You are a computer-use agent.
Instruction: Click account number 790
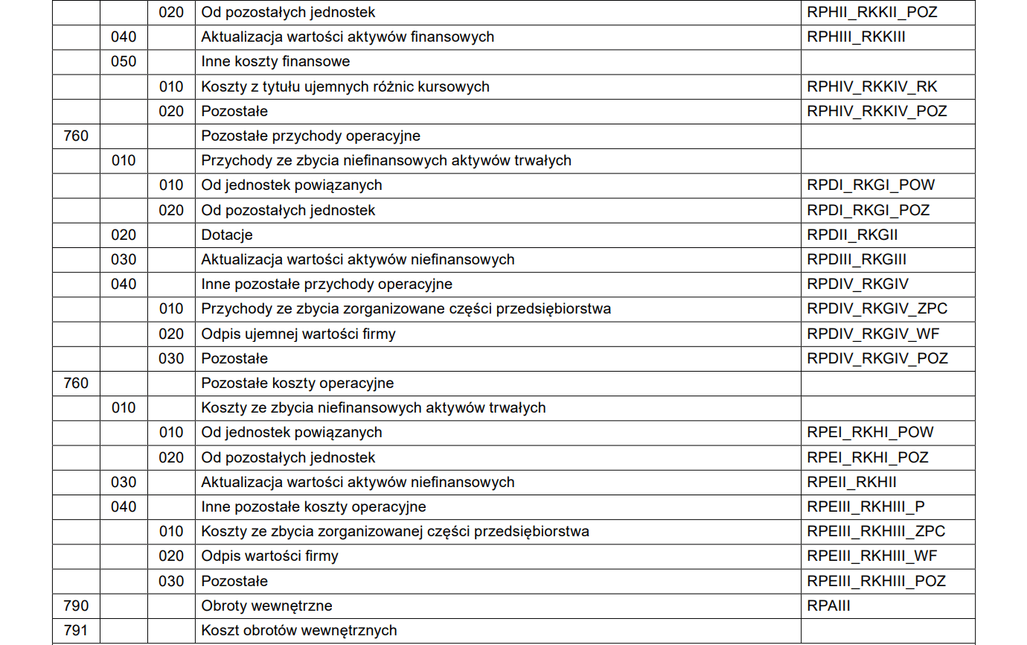(76, 606)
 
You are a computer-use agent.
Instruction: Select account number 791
(76, 630)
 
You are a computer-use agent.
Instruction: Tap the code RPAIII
(828, 606)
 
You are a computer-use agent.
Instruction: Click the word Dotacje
(227, 235)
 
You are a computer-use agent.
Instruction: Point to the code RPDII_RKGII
(852, 235)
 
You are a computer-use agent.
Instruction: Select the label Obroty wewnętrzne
(266, 606)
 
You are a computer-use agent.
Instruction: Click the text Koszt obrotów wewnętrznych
(299, 630)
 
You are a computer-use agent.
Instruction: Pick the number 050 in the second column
(124, 61)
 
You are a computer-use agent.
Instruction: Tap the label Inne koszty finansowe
(275, 61)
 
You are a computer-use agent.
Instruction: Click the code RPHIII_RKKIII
(856, 36)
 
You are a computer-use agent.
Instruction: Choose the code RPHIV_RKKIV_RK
(872, 86)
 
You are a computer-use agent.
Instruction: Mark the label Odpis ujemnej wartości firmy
(298, 334)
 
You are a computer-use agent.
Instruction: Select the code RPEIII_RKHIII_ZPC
(876, 532)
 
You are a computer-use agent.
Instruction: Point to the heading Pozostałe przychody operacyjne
(310, 136)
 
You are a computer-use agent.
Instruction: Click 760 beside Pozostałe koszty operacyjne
(76, 383)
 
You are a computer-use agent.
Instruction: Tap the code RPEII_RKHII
(851, 482)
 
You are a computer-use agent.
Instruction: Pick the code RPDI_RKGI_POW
(871, 185)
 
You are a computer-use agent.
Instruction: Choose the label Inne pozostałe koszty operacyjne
(313, 506)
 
